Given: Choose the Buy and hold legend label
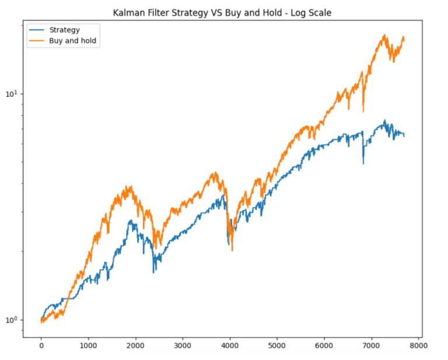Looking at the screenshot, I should click(x=72, y=41).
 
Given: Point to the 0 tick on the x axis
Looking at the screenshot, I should click(x=41, y=345).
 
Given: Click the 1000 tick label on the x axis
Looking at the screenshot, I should click(x=89, y=345).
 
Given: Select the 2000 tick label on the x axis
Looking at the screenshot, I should click(x=136, y=345).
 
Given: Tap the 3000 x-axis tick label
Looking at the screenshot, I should click(x=183, y=345).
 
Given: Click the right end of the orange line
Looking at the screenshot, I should click(x=404, y=39).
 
